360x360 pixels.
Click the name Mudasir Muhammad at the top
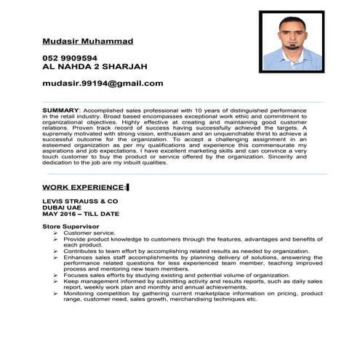(88, 41)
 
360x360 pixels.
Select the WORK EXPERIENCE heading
(84, 187)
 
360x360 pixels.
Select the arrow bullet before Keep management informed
(57, 281)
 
